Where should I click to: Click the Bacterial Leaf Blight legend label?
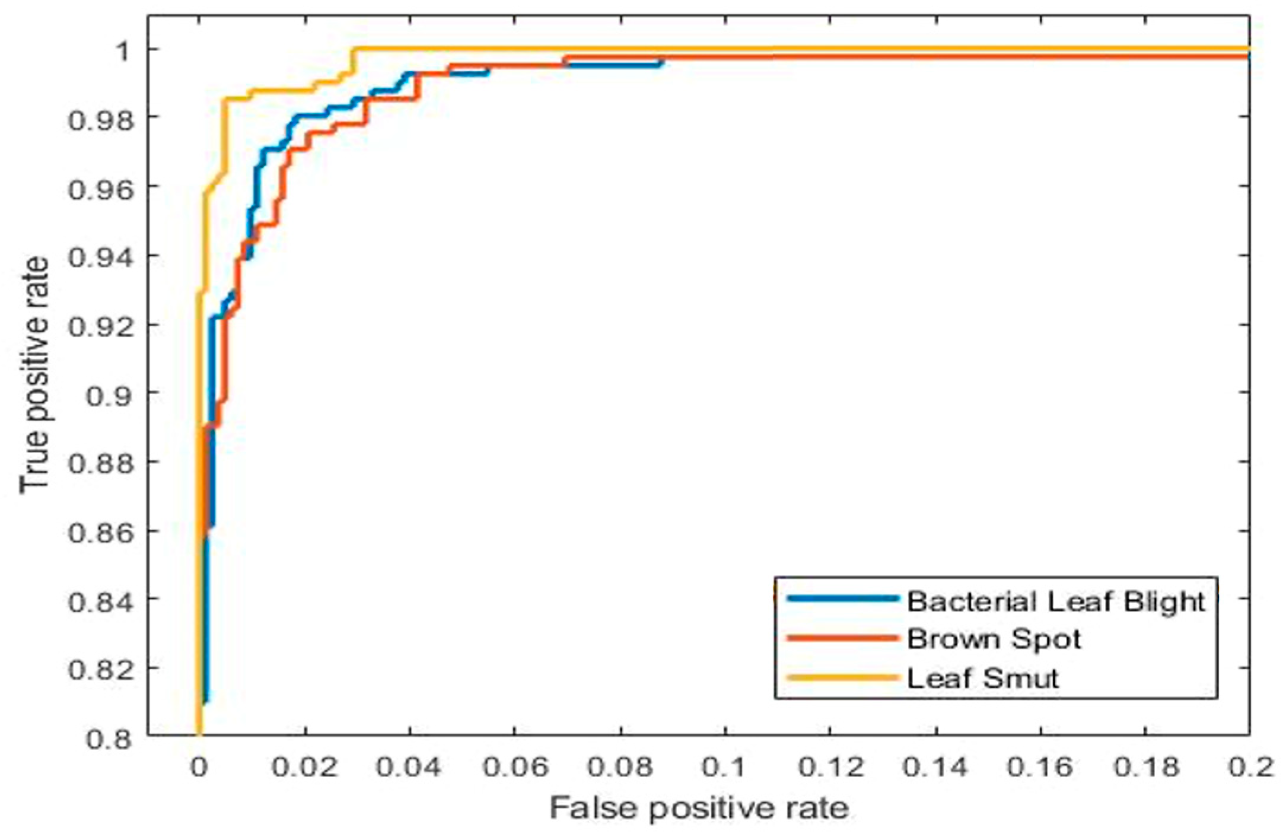pos(1056,602)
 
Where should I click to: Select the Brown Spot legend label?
pos(994,639)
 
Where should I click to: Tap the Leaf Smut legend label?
pos(982,678)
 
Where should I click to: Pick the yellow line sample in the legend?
pos(842,677)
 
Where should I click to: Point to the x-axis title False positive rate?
pos(699,809)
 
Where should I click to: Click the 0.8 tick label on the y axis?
pos(110,739)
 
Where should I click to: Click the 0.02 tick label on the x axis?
pos(305,768)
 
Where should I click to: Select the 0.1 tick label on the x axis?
pos(725,768)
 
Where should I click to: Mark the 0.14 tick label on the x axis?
pos(935,768)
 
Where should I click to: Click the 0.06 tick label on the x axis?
pos(515,768)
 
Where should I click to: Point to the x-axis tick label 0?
pos(199,768)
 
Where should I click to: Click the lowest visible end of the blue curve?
pos(205,701)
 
